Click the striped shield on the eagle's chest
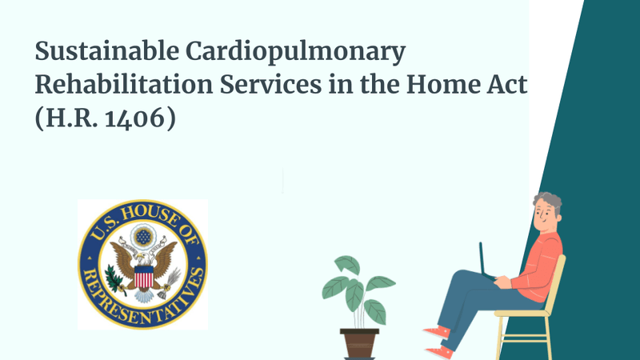pos(143,277)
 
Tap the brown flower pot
pos(359,342)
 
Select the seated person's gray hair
pos(549,201)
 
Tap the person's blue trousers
pos(472,300)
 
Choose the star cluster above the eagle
pos(142,238)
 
